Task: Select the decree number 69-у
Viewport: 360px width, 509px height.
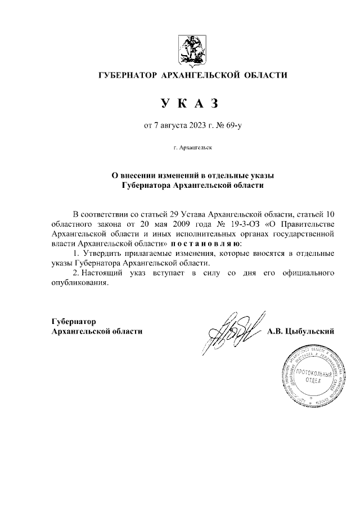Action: pyautogui.click(x=233, y=127)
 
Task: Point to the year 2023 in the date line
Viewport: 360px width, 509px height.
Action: pyautogui.click(x=198, y=127)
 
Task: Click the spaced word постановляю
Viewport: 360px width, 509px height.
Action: pyautogui.click(x=205, y=244)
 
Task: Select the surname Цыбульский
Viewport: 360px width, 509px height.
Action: pyautogui.click(x=310, y=331)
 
